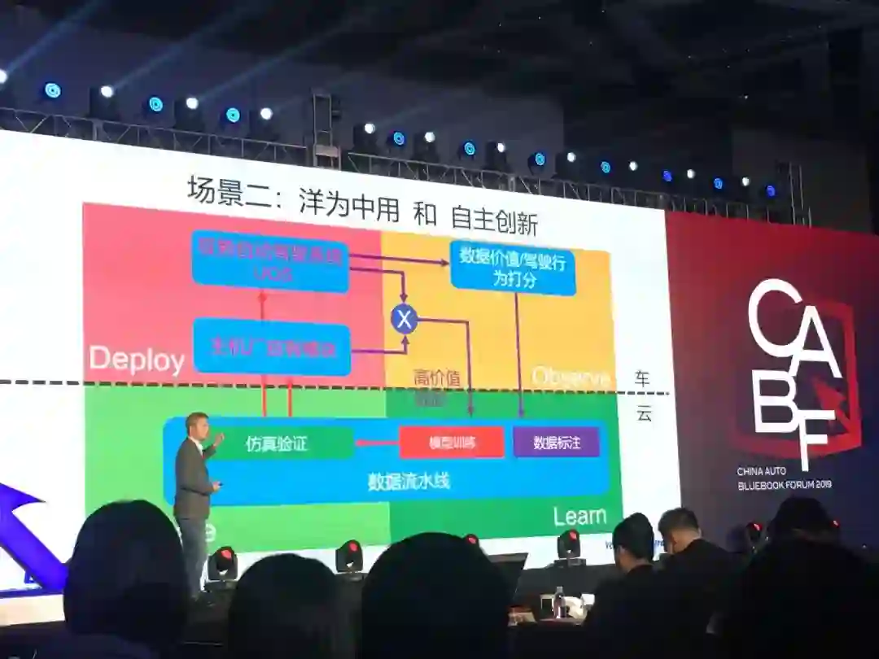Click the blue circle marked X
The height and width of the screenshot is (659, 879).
pyautogui.click(x=404, y=318)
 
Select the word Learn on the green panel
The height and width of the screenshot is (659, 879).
pyautogui.click(x=579, y=516)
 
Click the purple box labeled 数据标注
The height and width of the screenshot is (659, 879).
pyautogui.click(x=557, y=443)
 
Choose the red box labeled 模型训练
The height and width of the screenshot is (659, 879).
pyautogui.click(x=452, y=443)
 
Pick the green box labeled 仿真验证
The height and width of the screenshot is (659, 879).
pyautogui.click(x=277, y=443)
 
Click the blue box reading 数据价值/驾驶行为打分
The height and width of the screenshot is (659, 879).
pyautogui.click(x=513, y=266)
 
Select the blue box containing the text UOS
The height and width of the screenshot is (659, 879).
pyautogui.click(x=270, y=262)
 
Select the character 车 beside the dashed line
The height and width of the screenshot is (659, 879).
pyautogui.click(x=643, y=378)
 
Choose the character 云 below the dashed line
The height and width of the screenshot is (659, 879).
pyautogui.click(x=644, y=414)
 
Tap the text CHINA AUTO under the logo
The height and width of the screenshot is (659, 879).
pyautogui.click(x=769, y=472)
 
